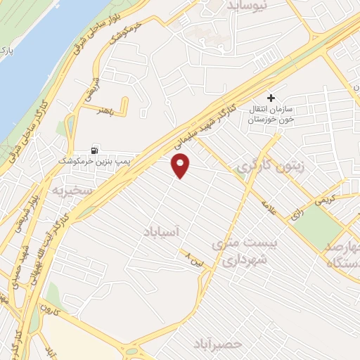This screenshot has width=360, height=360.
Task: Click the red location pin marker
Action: (181, 166)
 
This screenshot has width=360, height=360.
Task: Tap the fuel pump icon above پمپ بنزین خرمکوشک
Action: (94, 150)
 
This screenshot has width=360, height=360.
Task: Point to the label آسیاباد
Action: (162, 231)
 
